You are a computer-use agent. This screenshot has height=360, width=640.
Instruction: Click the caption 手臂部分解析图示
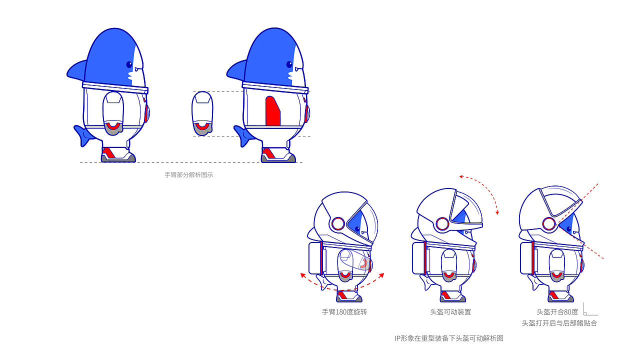188,175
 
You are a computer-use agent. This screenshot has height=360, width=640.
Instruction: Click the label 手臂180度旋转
344,312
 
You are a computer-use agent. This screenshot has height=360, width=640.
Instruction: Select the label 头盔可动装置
450,312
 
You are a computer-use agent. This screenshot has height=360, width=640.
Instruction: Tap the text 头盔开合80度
557,312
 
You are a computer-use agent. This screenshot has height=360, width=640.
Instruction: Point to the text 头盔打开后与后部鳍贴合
559,323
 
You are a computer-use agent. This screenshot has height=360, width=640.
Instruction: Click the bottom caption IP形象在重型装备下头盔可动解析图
448,338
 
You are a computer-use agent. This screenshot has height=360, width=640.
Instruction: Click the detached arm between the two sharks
202,113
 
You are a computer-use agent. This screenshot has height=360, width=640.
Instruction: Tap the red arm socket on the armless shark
272,111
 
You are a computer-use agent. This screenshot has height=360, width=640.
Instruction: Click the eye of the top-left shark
129,64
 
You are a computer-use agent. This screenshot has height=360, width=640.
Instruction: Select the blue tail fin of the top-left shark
82,134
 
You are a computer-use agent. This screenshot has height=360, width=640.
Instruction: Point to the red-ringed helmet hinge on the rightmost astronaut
549,223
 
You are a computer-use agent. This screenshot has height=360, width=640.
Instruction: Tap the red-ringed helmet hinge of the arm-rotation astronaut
338,223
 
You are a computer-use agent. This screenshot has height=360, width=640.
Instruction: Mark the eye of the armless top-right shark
289,64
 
